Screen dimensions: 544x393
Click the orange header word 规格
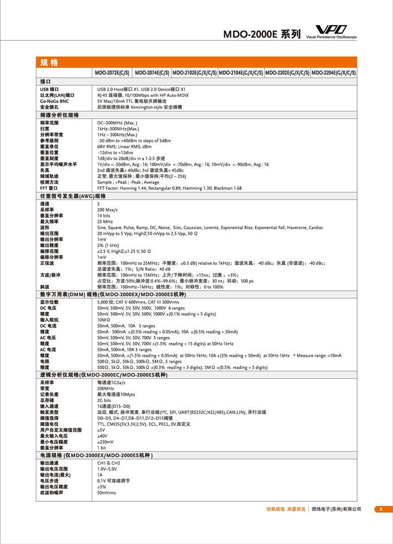click(49, 62)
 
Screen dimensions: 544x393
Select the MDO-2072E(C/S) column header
click(112, 73)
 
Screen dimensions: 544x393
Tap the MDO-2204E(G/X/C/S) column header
click(334, 73)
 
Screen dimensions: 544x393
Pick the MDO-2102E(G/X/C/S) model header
click(194, 73)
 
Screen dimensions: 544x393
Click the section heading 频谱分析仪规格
click(59, 115)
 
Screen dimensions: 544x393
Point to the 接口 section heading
click(45, 81)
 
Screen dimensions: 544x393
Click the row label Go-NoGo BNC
click(54, 101)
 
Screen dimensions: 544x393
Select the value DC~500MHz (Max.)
click(117, 123)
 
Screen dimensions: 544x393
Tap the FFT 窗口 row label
click(49, 188)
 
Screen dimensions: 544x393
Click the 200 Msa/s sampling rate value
click(107, 209)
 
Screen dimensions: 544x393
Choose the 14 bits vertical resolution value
click(104, 215)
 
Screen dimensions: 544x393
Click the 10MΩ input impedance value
click(104, 319)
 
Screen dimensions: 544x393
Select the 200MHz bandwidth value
click(105, 389)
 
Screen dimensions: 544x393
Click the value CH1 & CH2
click(108, 462)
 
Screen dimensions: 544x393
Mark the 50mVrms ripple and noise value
click(106, 493)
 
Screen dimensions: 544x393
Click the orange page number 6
click(381, 509)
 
